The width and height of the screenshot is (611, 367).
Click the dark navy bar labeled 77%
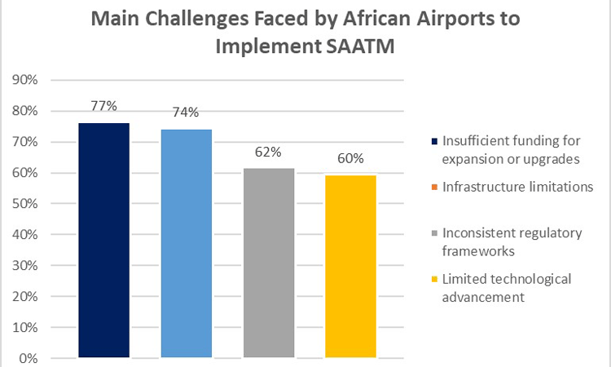point(103,240)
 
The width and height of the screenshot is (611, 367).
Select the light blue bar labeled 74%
point(187,243)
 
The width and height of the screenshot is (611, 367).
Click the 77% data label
point(103,105)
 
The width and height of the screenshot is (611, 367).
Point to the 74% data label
point(187,112)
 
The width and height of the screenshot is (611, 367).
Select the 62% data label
point(269,151)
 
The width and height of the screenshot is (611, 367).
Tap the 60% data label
point(350,157)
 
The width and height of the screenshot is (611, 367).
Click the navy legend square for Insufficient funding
point(435,141)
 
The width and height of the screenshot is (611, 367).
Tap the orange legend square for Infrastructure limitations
point(435,188)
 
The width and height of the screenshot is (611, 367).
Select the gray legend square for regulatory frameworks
point(435,233)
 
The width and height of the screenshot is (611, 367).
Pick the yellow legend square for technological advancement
point(435,280)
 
